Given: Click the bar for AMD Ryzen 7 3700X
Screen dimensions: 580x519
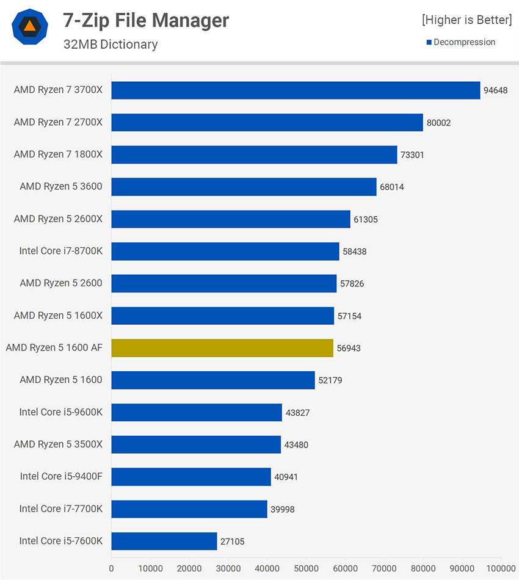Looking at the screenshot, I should pos(296,90).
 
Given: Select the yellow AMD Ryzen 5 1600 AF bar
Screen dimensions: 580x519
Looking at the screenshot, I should pos(222,348).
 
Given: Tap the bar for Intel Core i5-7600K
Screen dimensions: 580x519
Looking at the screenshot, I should pos(164,541).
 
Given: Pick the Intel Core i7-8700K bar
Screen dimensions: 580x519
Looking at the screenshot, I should pos(225,251).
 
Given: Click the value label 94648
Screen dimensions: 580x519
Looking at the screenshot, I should pos(496,90).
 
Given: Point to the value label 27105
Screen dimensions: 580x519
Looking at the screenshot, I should pos(232,541).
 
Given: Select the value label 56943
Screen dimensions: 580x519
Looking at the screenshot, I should pos(349,348).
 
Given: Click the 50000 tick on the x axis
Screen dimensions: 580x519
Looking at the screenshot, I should pos(306,568).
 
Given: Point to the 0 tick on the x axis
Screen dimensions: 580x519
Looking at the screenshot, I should pos(111,568).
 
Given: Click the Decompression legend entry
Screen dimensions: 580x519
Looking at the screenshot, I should pos(464,42).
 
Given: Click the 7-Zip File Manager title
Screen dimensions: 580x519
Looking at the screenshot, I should pos(146,21).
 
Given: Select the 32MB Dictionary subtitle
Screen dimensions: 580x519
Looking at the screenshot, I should pos(111,44).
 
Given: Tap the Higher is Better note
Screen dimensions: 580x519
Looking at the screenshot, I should pos(466,20).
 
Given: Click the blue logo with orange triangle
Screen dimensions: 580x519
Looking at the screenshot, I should pos(30,27).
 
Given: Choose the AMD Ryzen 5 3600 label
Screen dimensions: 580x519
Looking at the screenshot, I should pos(61,186).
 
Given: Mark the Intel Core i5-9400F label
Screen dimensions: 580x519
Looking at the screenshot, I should pos(61,476).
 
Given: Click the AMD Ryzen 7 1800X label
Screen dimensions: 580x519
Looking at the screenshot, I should pos(58,154).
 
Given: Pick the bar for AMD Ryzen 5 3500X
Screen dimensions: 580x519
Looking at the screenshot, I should pos(196,444).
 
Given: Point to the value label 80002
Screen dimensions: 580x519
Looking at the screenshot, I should pos(438,123).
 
